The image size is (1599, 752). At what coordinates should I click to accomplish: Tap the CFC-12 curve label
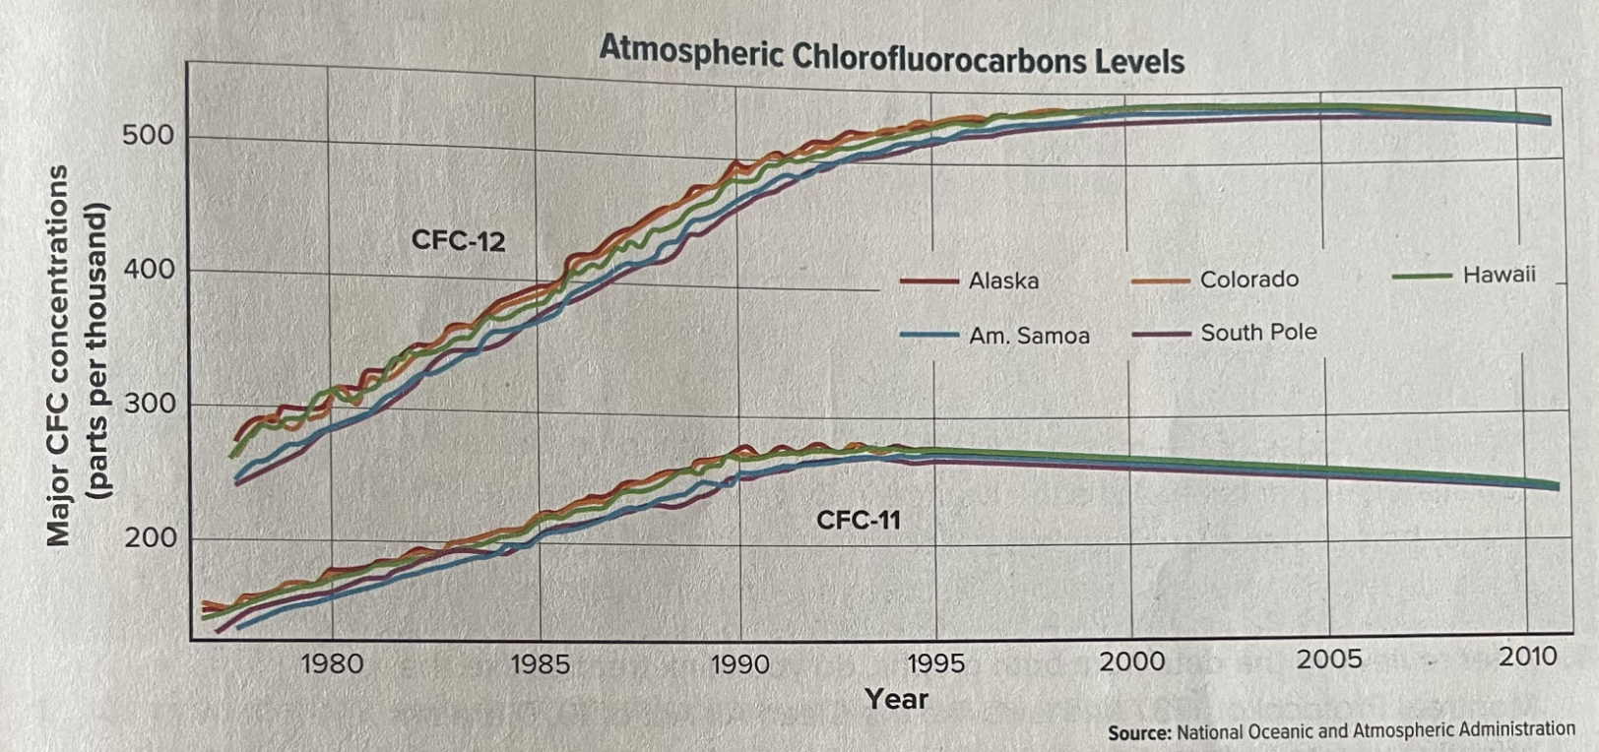point(458,240)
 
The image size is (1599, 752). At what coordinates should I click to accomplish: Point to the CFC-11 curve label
point(858,519)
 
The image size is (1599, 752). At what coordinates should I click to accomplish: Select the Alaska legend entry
point(1002,282)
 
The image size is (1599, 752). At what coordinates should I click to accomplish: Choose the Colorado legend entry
point(1248,280)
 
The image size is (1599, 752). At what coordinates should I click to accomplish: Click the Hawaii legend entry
point(1499,275)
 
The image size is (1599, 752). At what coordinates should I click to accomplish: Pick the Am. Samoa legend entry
point(1029,337)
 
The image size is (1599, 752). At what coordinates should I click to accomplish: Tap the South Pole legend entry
point(1258,333)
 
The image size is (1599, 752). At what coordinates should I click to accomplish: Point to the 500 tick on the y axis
point(148,136)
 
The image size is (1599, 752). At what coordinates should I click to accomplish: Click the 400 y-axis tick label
point(148,270)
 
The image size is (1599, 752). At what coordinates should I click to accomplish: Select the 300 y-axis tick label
point(148,404)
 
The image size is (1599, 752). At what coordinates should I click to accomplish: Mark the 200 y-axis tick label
point(148,538)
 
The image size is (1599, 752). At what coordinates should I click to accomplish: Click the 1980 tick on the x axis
point(332,663)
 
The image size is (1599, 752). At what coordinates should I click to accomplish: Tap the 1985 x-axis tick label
point(540,664)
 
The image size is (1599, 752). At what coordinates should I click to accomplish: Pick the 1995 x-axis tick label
point(935,662)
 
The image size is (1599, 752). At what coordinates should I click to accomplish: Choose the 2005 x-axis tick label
point(1329,659)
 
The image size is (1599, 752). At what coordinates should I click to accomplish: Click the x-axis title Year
point(896,699)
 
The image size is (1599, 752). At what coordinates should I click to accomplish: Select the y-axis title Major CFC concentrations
point(59,354)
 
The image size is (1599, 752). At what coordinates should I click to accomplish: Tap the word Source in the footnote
point(1138,733)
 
